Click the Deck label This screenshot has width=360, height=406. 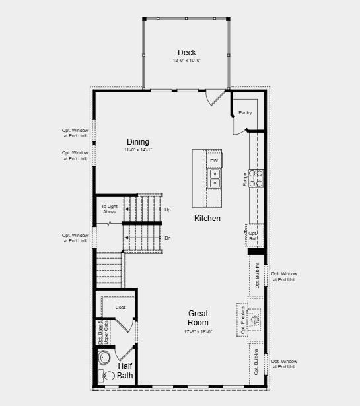coord(186,53)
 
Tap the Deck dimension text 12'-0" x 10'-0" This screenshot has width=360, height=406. coord(186,61)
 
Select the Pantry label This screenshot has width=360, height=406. coord(245,113)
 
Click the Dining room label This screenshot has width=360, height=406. coord(138,142)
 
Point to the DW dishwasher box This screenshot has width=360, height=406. coord(214,160)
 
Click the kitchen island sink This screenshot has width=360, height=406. coord(215,178)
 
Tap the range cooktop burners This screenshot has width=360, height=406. coord(256,178)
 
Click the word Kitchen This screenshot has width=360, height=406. coord(207,219)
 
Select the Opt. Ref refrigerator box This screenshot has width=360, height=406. coord(252,235)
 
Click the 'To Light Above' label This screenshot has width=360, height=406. coord(109,209)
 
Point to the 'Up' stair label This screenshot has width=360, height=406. coord(167,209)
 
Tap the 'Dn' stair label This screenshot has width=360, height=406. coord(167,238)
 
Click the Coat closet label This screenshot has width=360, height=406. coord(120,307)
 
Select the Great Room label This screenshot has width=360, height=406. coord(198,318)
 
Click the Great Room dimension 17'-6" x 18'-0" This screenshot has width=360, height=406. coord(198,332)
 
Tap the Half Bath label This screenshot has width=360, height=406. coord(126,371)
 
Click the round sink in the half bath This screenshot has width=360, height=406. coord(103,358)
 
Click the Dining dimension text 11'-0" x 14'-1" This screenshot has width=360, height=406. coord(138,151)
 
